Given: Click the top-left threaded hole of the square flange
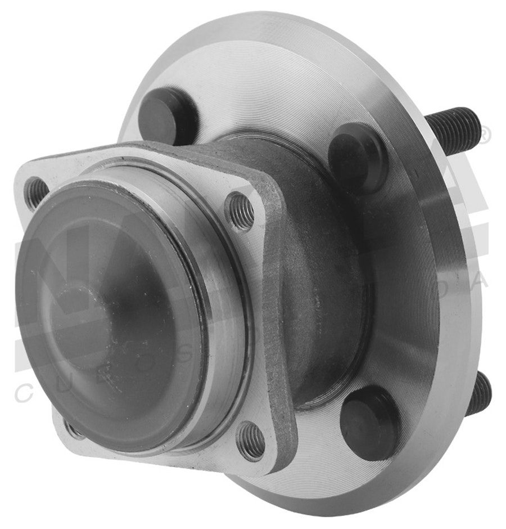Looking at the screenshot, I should pyautogui.click(x=37, y=192).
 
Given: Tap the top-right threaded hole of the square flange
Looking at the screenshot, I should pyautogui.click(x=241, y=211).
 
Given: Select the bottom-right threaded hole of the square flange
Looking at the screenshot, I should pyautogui.click(x=251, y=440).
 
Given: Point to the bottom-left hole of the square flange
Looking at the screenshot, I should pyautogui.click(x=73, y=430).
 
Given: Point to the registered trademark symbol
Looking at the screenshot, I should pyautogui.click(x=484, y=135).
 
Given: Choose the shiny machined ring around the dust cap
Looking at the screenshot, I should pyautogui.click(x=225, y=315).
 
